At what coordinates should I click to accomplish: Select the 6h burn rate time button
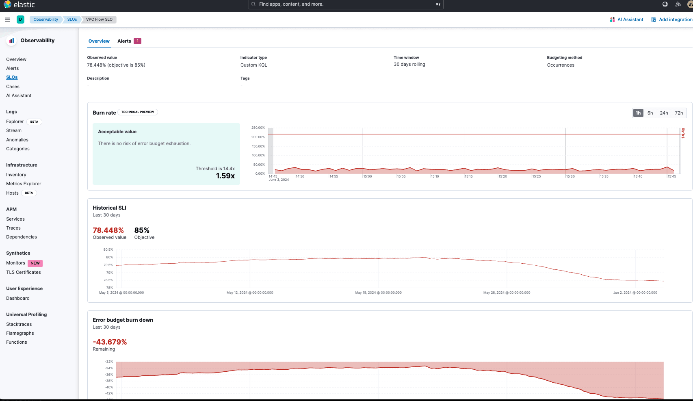click(x=650, y=113)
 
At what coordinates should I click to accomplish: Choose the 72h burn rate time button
click(x=679, y=113)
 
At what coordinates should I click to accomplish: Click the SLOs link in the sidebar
click(x=12, y=77)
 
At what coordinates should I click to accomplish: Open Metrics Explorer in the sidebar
click(x=24, y=184)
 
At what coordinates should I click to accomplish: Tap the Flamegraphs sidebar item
click(x=20, y=333)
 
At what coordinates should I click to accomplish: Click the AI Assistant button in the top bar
click(x=626, y=20)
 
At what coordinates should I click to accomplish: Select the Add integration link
click(x=672, y=20)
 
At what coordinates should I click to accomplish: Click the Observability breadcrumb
click(x=45, y=20)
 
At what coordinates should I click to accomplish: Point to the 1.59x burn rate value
click(x=225, y=176)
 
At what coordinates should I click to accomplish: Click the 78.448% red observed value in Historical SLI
click(x=108, y=230)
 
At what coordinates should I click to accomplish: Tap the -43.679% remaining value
click(x=110, y=342)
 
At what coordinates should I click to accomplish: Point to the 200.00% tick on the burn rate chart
click(x=258, y=137)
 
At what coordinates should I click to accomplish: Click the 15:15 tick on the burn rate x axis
click(x=469, y=176)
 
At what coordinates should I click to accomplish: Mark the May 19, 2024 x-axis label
click(x=378, y=293)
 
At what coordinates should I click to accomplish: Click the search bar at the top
click(x=345, y=4)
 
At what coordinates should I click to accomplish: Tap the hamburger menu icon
click(x=7, y=20)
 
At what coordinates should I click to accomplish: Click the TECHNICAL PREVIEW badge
click(x=138, y=112)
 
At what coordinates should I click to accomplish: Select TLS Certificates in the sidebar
click(x=24, y=272)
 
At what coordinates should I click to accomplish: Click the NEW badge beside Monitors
click(x=35, y=263)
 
